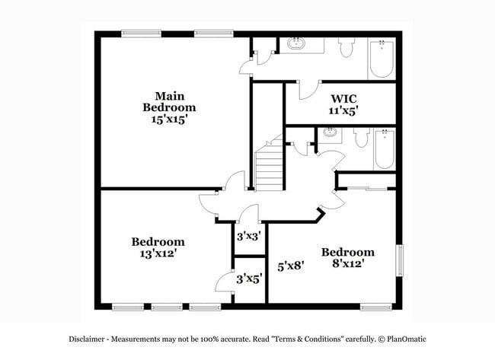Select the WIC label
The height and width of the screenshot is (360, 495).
click(x=343, y=98)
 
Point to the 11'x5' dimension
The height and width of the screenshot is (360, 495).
click(x=343, y=110)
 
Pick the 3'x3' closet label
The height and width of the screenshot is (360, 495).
click(x=248, y=236)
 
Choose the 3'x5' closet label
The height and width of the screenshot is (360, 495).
click(x=248, y=279)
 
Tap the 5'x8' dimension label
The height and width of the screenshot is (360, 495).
click(x=290, y=266)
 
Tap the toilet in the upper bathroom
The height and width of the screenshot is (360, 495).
click(x=346, y=47)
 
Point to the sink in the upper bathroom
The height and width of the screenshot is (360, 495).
click(x=296, y=43)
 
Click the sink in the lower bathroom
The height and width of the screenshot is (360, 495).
click(x=330, y=133)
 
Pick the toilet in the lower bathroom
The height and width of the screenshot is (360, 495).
click(x=361, y=140)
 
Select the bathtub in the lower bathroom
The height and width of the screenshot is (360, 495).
click(x=384, y=149)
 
